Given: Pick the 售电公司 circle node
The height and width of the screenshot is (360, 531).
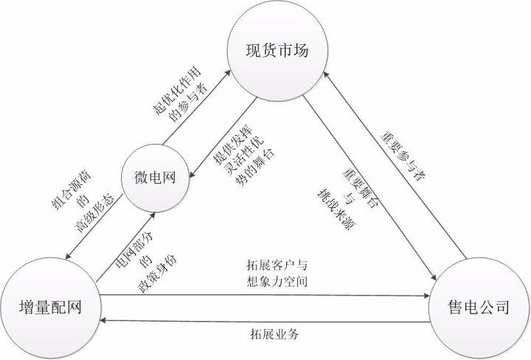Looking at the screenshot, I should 479,309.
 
